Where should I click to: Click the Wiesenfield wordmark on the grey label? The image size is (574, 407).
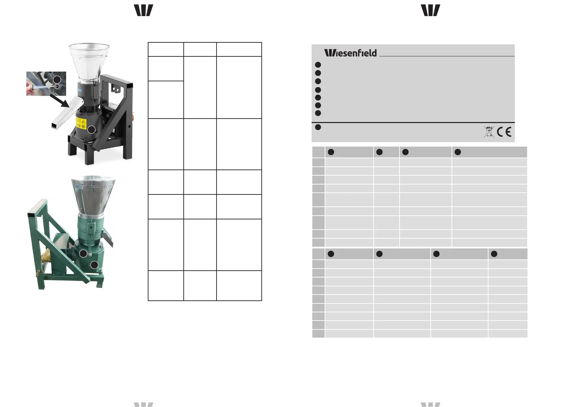pos(350,53)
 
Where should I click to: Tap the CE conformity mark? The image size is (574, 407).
pos(504,132)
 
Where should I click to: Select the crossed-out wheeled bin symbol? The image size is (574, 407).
pos(489,132)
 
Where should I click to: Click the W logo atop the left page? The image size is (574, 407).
pos(143,10)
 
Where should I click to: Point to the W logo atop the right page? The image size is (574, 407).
pos(430,10)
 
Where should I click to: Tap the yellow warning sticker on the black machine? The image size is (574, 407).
pos(81,123)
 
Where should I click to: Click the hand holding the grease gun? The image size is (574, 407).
pos(31,90)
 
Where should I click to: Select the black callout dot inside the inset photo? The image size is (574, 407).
pos(57,79)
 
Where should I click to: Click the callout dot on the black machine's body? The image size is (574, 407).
pos(91,130)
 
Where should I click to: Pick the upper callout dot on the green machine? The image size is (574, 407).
pos(83,253)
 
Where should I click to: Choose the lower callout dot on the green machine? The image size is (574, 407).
pos(94,264)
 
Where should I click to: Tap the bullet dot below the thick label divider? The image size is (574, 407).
pos(318,127)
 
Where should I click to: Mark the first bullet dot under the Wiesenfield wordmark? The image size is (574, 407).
pos(318,65)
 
